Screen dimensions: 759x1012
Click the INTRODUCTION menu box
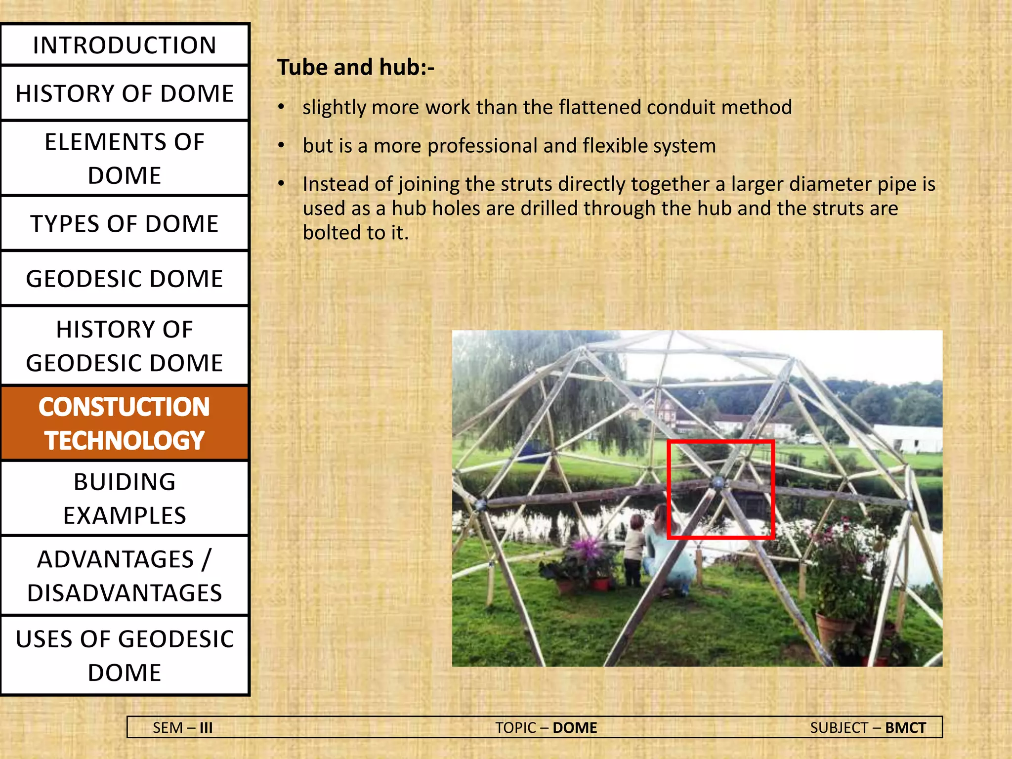125,45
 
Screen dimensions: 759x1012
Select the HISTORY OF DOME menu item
125,93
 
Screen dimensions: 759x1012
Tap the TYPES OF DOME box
125,224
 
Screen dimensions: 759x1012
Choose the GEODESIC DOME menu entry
125,279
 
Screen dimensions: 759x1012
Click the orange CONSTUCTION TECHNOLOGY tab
125,423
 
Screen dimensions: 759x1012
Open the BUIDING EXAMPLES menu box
125,499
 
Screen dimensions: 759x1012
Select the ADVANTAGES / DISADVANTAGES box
125,576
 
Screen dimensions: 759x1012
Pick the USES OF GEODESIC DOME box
125,656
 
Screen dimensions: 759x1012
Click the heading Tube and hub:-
356,67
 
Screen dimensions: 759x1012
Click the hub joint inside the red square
718,482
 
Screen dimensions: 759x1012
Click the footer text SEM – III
182,728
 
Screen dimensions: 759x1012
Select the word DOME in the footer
575,728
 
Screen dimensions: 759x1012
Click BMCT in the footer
905,728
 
